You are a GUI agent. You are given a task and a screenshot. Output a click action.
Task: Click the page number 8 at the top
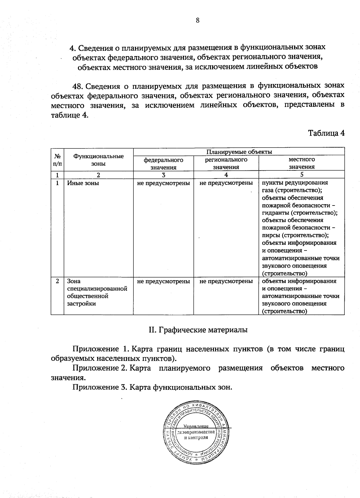click(197, 20)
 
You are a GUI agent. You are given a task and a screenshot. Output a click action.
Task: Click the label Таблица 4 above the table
click(326, 133)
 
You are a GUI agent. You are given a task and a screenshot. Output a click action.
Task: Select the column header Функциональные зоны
click(98, 160)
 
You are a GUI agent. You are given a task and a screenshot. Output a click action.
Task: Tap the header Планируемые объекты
click(239, 152)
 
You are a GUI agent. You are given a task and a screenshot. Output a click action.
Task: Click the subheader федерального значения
click(163, 163)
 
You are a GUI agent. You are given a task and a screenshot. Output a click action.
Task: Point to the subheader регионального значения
click(226, 163)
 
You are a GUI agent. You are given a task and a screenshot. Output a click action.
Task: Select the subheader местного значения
click(301, 163)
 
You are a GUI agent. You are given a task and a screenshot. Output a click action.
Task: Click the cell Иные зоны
click(83, 183)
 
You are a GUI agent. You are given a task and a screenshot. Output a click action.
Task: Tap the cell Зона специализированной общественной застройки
click(97, 292)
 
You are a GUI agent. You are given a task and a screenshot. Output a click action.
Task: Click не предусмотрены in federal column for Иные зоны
click(163, 183)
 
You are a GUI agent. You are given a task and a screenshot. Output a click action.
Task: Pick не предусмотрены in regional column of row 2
click(226, 281)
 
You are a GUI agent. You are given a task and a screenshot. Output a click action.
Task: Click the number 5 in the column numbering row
click(301, 175)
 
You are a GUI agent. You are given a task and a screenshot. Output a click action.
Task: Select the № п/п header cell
click(57, 160)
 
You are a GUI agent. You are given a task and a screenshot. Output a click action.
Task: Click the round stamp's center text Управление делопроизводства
click(196, 432)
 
